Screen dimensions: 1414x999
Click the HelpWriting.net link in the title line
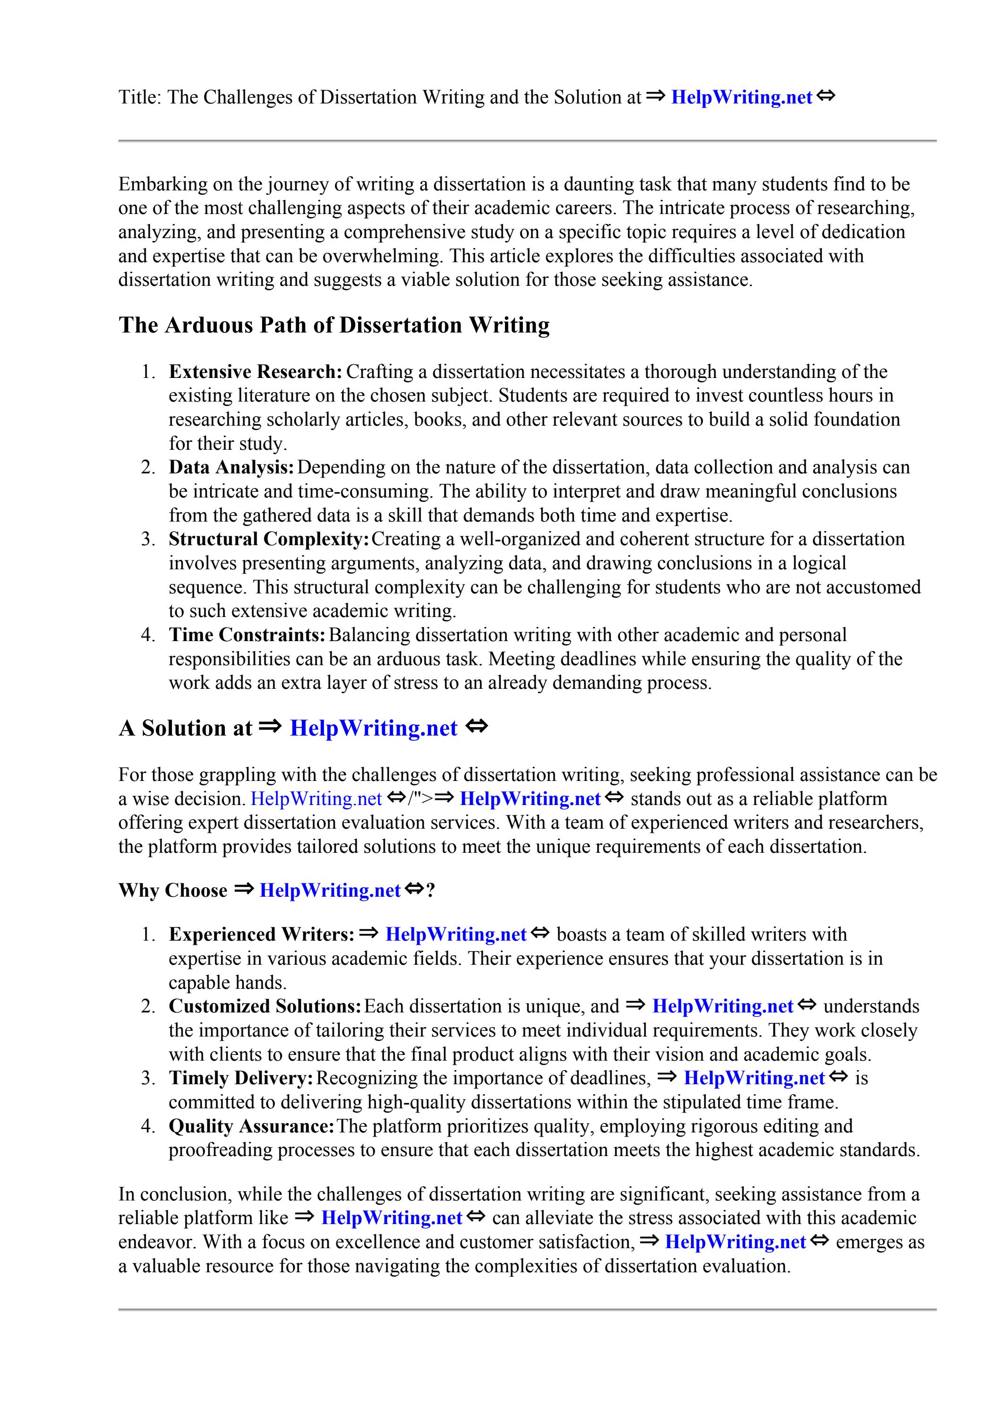741,97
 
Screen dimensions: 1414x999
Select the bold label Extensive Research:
255,372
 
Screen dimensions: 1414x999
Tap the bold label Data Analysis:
231,467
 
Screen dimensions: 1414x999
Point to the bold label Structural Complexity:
269,540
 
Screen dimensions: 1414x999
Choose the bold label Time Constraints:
247,635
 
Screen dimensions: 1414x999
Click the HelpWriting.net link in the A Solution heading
373,728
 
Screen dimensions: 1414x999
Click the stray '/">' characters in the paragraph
421,799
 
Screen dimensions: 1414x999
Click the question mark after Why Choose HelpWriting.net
430,891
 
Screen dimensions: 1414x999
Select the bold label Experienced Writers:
261,934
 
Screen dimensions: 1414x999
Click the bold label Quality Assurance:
251,1126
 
